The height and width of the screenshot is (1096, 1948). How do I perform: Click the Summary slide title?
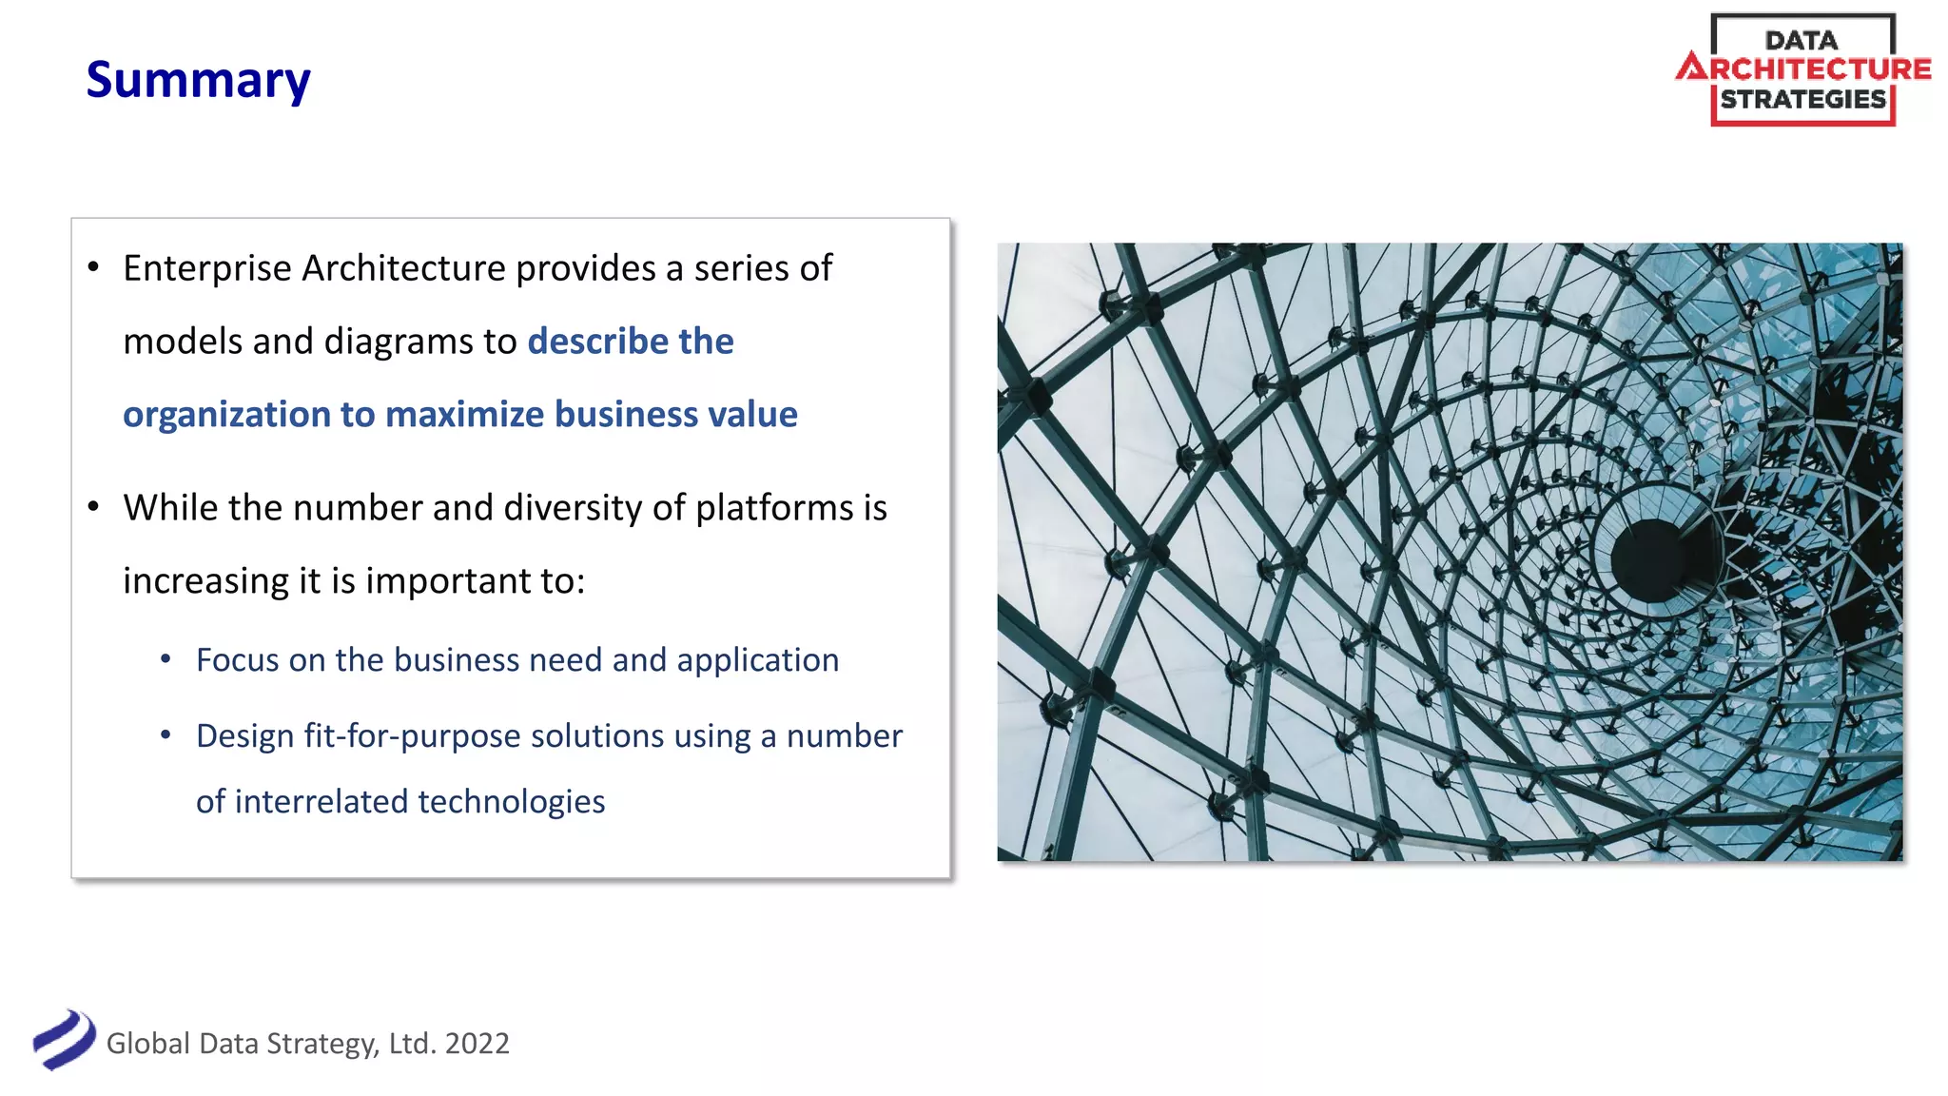point(198,80)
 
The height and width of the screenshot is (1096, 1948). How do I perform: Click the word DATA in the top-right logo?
point(1801,40)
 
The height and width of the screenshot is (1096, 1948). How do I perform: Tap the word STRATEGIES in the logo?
point(1802,99)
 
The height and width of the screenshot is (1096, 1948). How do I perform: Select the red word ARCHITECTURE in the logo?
point(1803,68)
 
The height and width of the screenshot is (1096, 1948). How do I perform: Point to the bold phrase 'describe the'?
point(630,342)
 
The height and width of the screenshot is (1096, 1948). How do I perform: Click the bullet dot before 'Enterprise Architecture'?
point(93,267)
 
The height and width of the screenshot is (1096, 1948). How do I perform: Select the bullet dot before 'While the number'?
point(93,507)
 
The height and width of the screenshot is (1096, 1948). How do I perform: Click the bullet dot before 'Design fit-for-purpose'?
point(166,735)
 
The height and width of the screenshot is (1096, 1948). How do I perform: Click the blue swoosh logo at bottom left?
point(64,1040)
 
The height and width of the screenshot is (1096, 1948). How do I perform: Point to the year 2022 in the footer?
point(477,1044)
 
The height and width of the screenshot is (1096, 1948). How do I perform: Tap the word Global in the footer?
point(148,1044)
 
